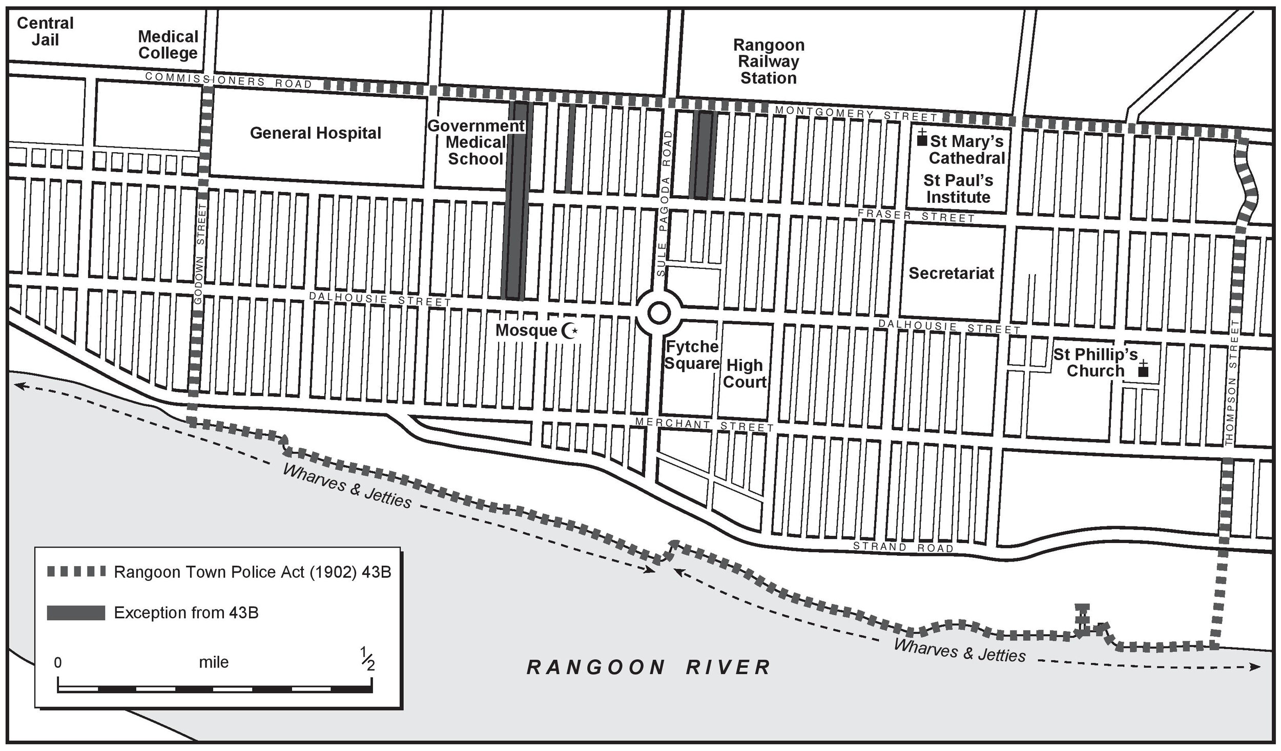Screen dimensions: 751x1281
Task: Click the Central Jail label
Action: tap(45, 31)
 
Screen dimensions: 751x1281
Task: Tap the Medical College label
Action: tap(168, 45)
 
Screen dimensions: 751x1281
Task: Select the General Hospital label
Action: tap(315, 133)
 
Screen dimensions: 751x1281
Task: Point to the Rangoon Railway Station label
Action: tap(768, 61)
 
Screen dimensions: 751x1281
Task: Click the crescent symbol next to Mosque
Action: tap(569, 331)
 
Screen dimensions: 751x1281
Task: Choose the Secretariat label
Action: tap(951, 273)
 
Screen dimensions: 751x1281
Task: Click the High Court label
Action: tap(745, 373)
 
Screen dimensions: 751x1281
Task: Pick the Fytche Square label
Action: tap(692, 355)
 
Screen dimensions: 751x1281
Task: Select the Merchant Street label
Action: tap(704, 425)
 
